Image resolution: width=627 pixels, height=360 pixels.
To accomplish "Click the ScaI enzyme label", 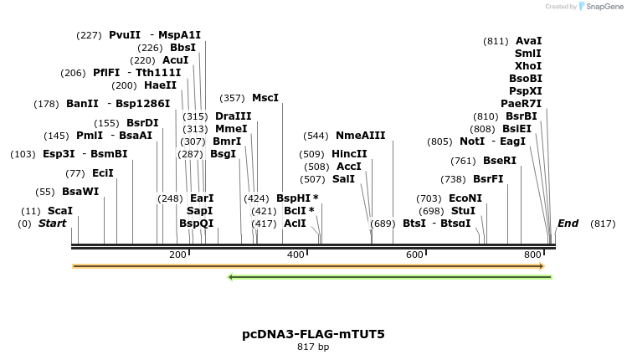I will (x=60, y=211).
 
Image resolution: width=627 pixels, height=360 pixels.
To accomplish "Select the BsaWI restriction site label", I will (x=80, y=192).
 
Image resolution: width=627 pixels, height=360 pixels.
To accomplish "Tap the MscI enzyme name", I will (x=265, y=98).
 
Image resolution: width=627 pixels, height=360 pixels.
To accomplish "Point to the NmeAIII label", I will (x=360, y=136).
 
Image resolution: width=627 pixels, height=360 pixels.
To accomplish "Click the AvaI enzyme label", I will (x=528, y=40).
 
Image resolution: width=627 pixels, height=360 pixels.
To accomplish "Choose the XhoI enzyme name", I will (x=528, y=65).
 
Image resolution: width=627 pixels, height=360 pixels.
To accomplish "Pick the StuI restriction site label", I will (x=462, y=211).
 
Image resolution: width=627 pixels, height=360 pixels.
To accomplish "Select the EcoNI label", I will (x=465, y=198).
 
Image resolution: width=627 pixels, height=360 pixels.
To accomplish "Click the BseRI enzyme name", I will (x=500, y=161).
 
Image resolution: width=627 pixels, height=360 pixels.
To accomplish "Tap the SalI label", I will (x=343, y=179).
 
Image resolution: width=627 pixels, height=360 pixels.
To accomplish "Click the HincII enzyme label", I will (x=349, y=154).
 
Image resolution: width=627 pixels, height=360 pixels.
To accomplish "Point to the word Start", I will (x=52, y=224).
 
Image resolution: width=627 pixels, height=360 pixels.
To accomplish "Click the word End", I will (x=568, y=224).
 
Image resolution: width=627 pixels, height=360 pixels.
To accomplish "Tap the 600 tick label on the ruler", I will (x=414, y=255).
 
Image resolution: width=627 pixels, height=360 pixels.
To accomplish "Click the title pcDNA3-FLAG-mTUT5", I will (x=313, y=334).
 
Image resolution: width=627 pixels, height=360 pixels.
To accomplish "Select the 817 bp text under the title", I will (x=313, y=347).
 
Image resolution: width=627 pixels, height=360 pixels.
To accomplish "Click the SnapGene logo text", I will (x=603, y=7).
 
